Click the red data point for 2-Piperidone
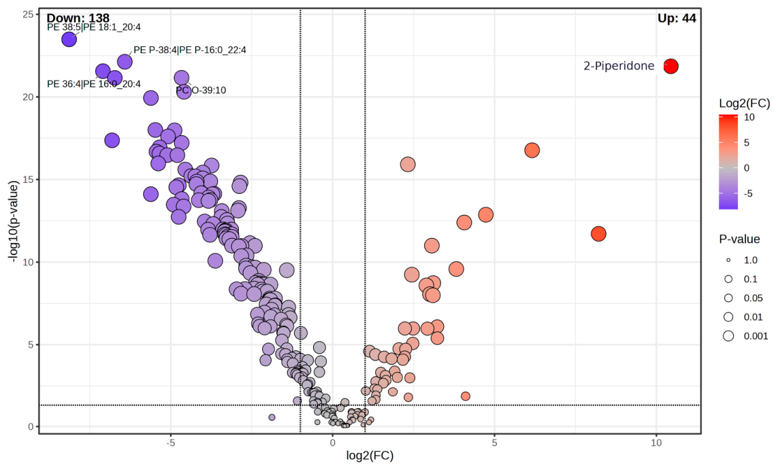670,66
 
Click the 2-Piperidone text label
619,66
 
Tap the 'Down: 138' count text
78,19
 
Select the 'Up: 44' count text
677,18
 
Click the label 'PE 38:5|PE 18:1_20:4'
93,27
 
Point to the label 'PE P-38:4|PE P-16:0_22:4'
189,50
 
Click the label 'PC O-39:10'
201,90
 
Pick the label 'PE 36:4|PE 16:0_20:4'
93,84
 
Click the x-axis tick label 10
656,443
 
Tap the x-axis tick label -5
170,443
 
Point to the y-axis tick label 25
28,14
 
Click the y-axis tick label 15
28,180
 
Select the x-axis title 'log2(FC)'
370,456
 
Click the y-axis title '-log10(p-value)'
14,221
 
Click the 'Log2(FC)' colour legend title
744,103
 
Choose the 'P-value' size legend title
739,239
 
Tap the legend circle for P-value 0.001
728,336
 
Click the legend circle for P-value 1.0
728,261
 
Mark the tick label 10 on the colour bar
749,117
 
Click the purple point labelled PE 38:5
69,39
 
